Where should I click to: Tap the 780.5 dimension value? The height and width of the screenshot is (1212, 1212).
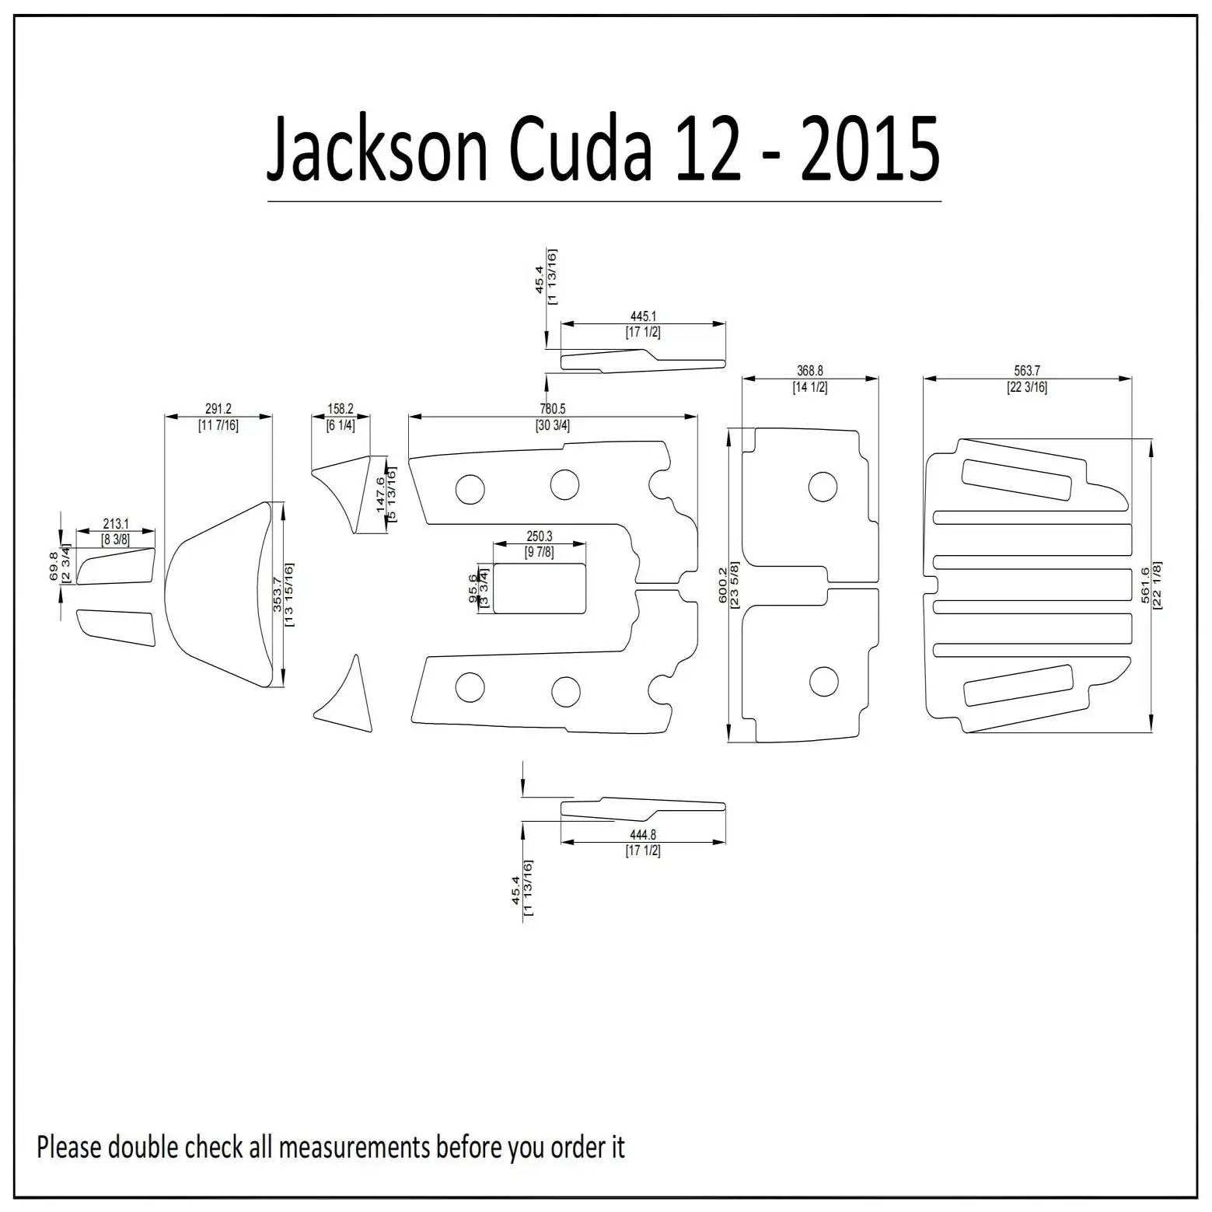point(553,409)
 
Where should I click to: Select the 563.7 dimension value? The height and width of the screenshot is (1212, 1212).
point(1027,372)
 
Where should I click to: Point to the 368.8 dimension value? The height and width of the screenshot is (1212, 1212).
point(810,372)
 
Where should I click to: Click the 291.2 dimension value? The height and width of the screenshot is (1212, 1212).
point(218,409)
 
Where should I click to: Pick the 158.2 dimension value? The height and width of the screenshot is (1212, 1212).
point(341,409)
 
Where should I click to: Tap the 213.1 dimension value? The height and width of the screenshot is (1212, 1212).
point(116,525)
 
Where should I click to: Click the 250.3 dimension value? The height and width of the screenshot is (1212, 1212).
point(539,536)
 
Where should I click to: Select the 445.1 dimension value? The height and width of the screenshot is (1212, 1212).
point(644,317)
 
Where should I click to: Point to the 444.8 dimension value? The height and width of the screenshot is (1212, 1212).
point(643,835)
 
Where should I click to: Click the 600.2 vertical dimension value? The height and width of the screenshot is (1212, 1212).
point(723,585)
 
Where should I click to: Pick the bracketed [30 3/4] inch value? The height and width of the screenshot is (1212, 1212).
point(553,425)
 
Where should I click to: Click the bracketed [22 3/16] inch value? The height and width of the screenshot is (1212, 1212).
point(1027,387)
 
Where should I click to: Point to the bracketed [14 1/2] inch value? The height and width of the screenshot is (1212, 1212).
point(810,387)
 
